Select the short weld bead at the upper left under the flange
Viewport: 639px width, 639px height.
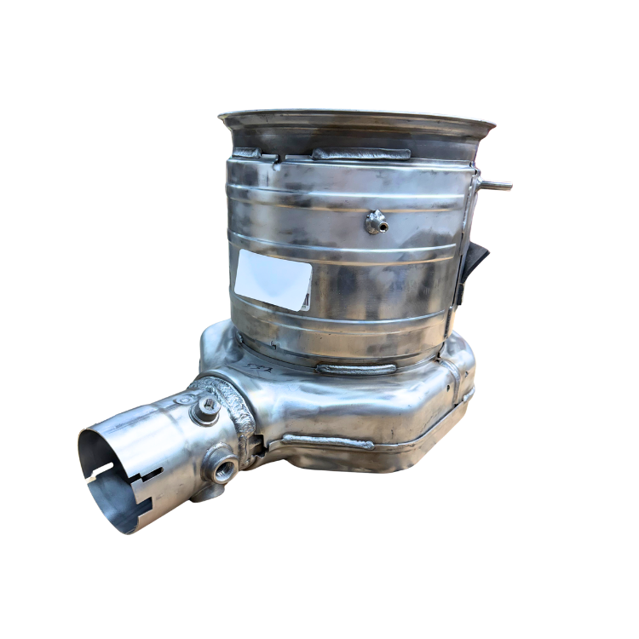tap(248, 153)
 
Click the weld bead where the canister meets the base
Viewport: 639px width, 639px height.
tap(355, 369)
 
